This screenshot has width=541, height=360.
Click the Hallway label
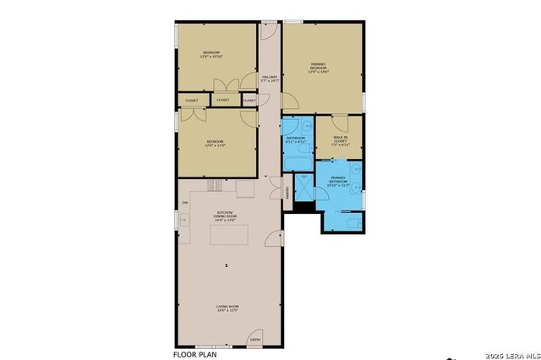(x=270, y=79)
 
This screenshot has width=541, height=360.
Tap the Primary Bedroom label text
(x=319, y=68)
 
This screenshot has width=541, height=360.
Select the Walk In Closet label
(x=340, y=141)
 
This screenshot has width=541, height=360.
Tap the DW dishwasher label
(x=184, y=203)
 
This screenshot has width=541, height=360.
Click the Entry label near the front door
(x=255, y=341)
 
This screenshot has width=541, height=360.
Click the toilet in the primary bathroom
(x=353, y=222)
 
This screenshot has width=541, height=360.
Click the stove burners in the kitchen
(x=216, y=185)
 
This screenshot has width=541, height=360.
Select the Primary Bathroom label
(x=338, y=180)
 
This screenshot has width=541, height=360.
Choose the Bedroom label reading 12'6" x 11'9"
(x=215, y=143)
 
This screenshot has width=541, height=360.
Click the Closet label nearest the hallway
(x=249, y=101)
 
